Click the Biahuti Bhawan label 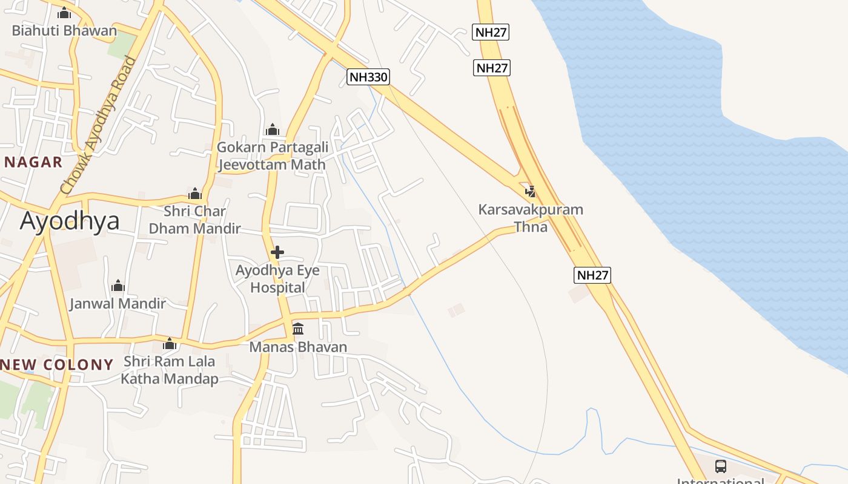(64, 30)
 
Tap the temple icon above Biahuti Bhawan (64, 13)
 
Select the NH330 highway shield (368, 77)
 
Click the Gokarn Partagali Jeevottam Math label (273, 155)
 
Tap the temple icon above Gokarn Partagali (273, 129)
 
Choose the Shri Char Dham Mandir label (195, 220)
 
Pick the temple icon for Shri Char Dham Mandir (195, 194)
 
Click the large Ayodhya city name (70, 221)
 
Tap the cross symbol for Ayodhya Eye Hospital (277, 252)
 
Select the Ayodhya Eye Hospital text (277, 279)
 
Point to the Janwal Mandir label (118, 303)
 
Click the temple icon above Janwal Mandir (118, 286)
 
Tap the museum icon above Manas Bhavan (298, 329)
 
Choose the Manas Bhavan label (298, 347)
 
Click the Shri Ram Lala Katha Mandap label (170, 370)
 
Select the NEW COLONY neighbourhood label (57, 364)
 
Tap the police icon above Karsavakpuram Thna (531, 192)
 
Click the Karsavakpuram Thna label (531, 218)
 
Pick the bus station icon (720, 466)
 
